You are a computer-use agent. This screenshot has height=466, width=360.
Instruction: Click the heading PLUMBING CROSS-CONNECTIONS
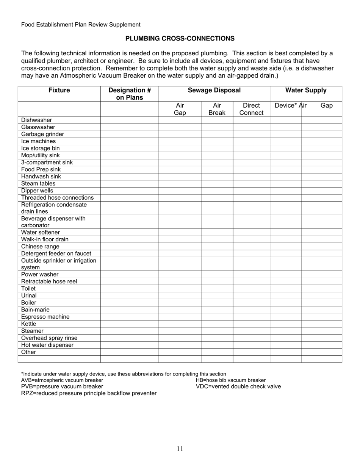[x=180, y=39]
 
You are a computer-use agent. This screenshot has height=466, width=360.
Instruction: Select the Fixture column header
[x=59, y=91]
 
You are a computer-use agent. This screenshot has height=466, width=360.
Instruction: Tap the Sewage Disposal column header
[x=214, y=91]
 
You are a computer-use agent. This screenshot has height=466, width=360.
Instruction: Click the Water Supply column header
[x=306, y=91]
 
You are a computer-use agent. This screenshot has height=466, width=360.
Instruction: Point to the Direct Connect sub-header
[x=251, y=109]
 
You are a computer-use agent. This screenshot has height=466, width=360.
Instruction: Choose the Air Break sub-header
[x=217, y=109]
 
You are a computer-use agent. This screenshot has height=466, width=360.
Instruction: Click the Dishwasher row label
[x=36, y=120]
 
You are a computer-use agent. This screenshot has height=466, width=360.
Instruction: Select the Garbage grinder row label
[x=42, y=134]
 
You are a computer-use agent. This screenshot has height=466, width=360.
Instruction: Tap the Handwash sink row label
[x=41, y=177]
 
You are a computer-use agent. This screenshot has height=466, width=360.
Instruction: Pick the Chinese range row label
[x=40, y=247]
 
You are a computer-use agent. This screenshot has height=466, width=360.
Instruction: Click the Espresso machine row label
[x=45, y=317]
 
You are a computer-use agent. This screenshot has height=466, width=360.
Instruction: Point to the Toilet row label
[x=28, y=289]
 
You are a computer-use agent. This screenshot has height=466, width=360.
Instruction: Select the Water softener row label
[x=40, y=232]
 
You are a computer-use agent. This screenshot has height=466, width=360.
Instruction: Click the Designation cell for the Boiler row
[x=129, y=303]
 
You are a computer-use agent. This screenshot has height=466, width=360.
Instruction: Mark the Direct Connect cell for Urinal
[x=251, y=296]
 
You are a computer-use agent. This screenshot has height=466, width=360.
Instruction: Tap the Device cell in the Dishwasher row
[x=285, y=120]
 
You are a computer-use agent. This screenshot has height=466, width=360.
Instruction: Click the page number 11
[x=180, y=449]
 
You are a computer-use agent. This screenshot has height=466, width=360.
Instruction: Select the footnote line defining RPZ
[x=89, y=393]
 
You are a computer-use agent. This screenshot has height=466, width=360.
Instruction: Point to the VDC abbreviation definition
[x=238, y=386]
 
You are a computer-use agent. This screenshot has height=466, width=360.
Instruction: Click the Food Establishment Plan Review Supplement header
[x=81, y=25]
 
